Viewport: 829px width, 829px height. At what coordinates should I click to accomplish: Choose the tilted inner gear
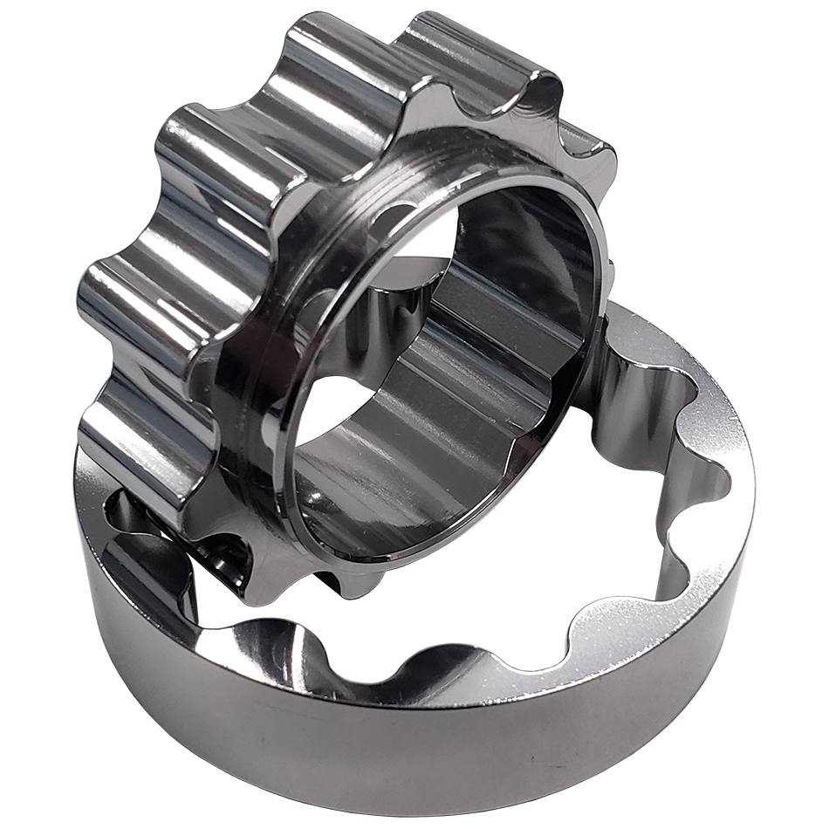coord(349,288)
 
